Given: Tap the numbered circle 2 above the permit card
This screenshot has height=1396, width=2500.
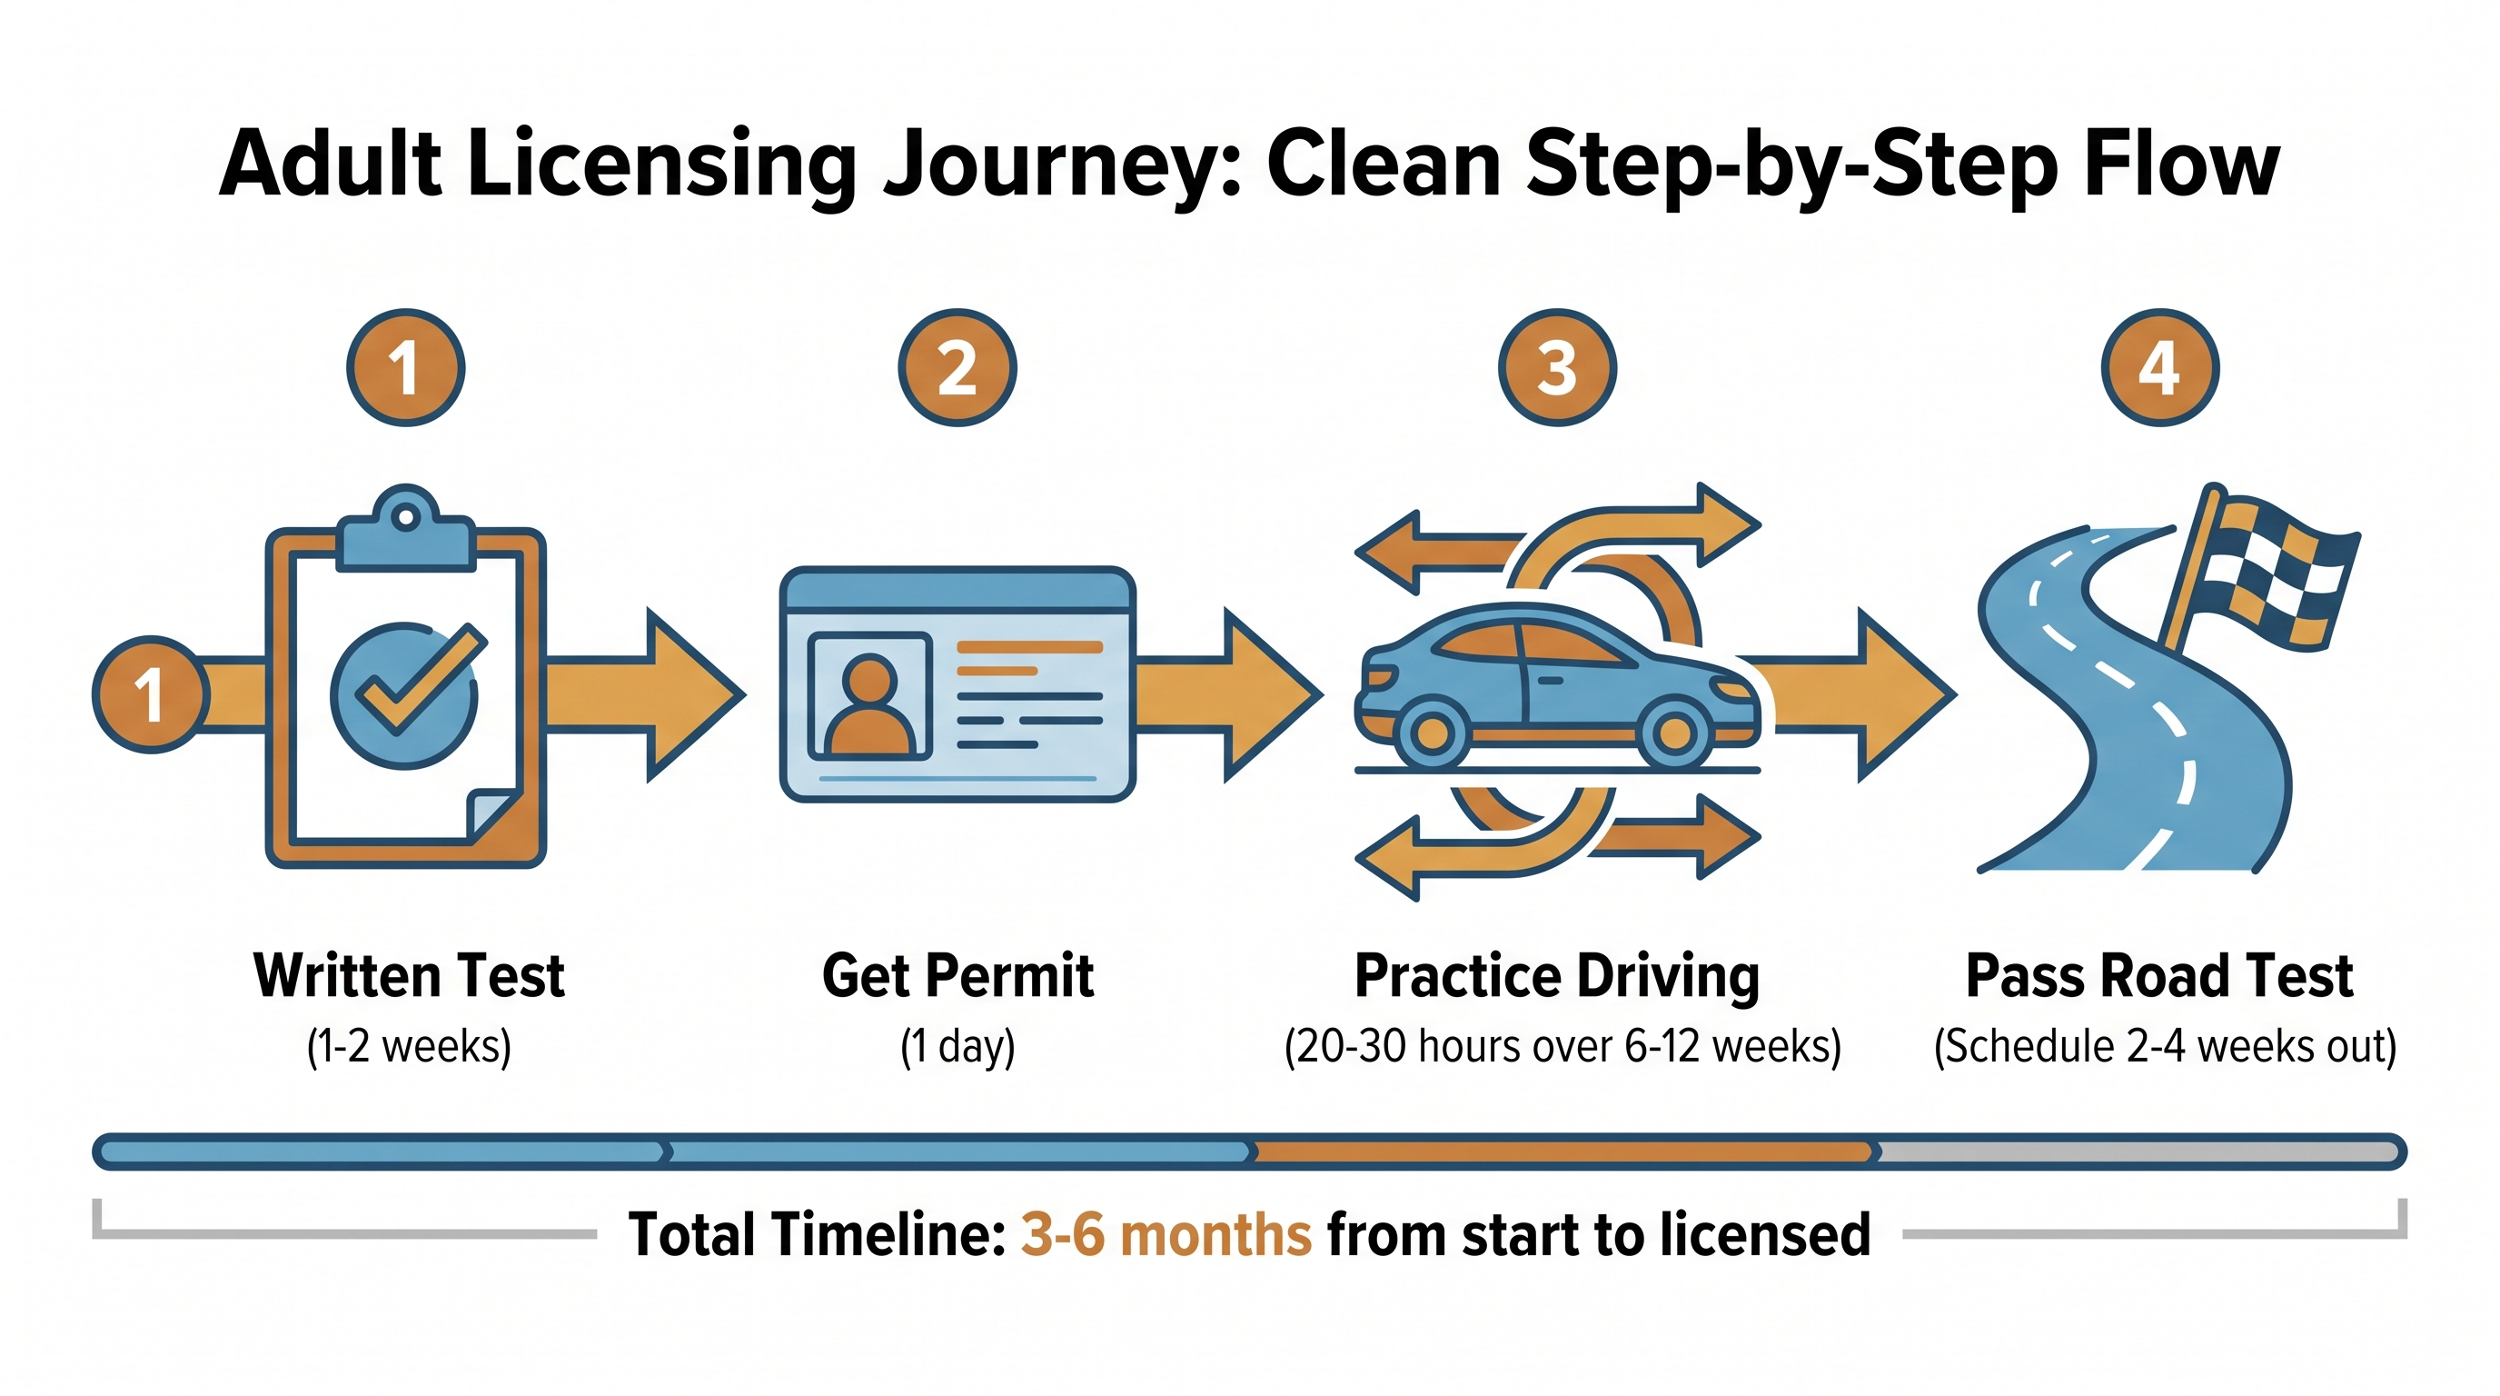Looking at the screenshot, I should (957, 368).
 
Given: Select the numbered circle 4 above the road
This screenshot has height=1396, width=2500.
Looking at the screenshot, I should (2159, 368).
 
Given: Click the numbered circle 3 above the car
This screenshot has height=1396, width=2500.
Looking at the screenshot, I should (1557, 368).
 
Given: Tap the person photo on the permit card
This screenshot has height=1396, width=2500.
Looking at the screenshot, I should (869, 695).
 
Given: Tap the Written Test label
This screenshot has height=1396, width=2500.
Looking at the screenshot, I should (409, 975).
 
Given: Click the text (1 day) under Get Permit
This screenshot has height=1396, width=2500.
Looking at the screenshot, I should (957, 1046).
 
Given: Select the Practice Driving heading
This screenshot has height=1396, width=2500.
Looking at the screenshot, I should (1557, 975).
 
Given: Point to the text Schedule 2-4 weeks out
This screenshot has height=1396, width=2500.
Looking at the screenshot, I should (2164, 1046).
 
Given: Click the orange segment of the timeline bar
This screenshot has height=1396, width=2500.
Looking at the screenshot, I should (1562, 1152).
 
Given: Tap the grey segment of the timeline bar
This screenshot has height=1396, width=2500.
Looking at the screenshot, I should (2135, 1152).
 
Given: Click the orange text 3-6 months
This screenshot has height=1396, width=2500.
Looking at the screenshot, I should (1165, 1235).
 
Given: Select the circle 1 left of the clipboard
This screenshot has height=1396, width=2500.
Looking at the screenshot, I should (151, 695).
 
